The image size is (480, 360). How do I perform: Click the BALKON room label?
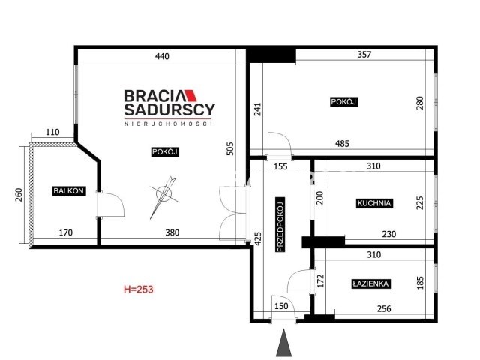pyautogui.click(x=68, y=190)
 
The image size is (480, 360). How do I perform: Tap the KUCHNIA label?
pyautogui.click(x=374, y=203)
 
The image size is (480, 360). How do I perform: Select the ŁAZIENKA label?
pyautogui.click(x=370, y=283)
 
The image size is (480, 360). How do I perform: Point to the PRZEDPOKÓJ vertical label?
pyautogui.click(x=280, y=224)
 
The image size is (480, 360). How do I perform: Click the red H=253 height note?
pyautogui.click(x=138, y=289)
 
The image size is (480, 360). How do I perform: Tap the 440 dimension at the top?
pyautogui.click(x=162, y=56)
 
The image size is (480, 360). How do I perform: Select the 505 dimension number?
pyautogui.click(x=230, y=148)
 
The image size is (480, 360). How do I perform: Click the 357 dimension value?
pyautogui.click(x=364, y=55)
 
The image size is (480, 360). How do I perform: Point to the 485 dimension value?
pyautogui.click(x=342, y=143)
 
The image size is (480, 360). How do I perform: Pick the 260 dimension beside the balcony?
pyautogui.click(x=19, y=195)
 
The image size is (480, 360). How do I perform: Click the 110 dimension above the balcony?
pyautogui.click(x=52, y=133)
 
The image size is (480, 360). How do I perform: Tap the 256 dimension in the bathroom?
pyautogui.click(x=384, y=308)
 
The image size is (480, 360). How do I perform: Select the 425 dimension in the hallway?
pyautogui.click(x=258, y=238)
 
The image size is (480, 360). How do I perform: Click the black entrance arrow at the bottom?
pyautogui.click(x=283, y=343)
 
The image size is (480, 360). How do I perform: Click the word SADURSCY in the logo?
pyautogui.click(x=169, y=109)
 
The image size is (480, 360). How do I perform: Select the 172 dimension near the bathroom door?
pyautogui.click(x=320, y=281)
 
